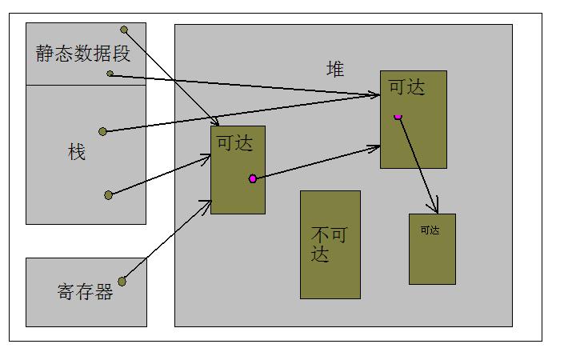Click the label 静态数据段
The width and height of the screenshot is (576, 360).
coord(82,54)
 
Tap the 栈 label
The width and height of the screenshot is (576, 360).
coord(77,152)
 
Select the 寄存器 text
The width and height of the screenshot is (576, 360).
coord(86,292)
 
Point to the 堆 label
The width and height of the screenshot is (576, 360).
coord(335,70)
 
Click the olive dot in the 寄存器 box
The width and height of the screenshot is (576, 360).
coord(122,281)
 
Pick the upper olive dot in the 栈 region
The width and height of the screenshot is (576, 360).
coord(102,131)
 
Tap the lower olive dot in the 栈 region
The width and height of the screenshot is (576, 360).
coord(108,194)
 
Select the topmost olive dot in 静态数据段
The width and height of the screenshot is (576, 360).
coord(124,30)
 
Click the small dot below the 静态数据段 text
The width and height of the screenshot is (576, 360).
coord(110,74)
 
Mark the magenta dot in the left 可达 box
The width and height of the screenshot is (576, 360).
coord(253,178)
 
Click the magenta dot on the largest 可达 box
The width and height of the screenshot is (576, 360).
coord(398,116)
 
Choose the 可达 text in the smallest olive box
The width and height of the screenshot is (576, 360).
coord(430,230)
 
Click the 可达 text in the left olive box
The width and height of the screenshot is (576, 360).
coord(234,142)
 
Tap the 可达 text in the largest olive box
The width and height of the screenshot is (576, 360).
coord(406,87)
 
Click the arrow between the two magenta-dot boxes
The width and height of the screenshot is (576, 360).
coord(316,162)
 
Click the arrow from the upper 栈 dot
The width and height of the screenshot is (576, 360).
coord(240,113)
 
